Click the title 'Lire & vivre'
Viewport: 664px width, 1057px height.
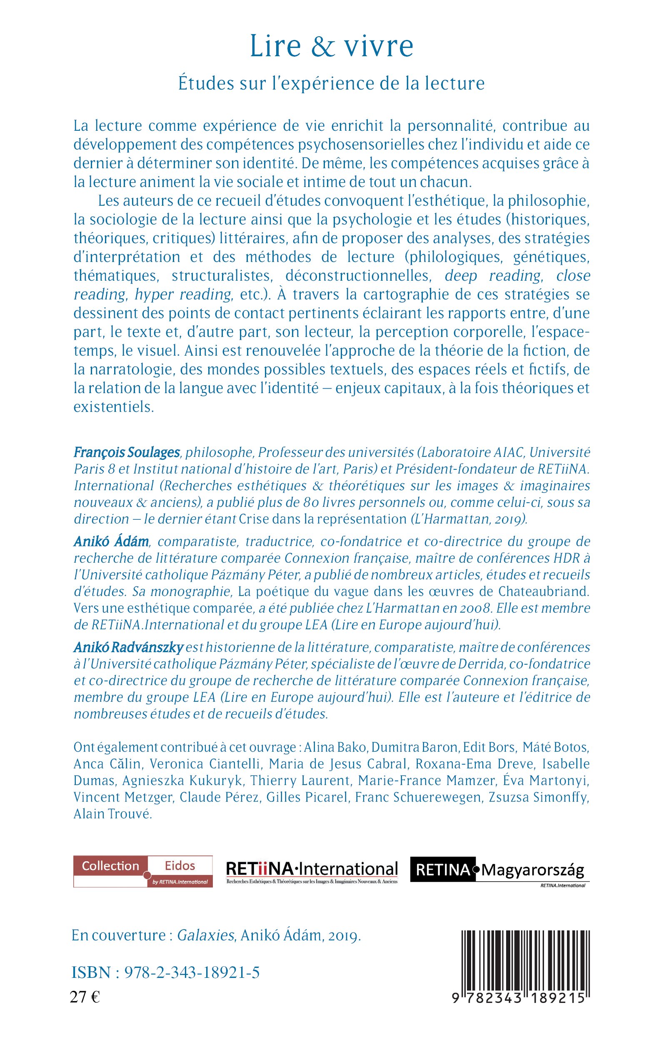[x=332, y=46]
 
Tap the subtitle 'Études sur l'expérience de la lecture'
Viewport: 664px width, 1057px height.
[x=332, y=83]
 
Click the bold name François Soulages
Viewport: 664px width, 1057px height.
[x=127, y=452]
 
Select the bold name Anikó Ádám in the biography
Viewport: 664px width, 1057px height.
[x=111, y=542]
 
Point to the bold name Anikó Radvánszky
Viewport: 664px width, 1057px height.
[x=129, y=648]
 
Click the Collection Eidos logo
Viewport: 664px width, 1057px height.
[x=143, y=871]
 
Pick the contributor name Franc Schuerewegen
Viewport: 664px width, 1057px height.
[x=418, y=797]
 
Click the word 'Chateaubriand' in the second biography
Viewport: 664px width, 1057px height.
[x=543, y=592]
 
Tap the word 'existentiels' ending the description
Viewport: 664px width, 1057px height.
[x=113, y=407]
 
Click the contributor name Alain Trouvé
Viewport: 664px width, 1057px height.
[x=113, y=814]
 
